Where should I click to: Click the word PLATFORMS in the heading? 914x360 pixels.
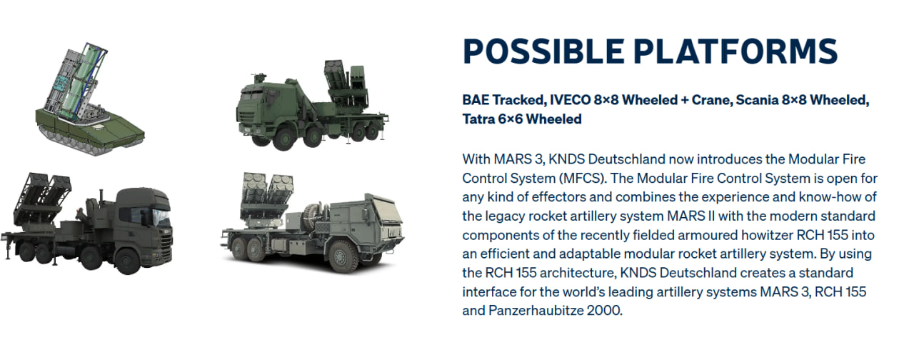point(735,51)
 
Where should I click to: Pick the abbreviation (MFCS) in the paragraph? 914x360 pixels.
point(582,179)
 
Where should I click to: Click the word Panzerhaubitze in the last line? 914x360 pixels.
point(536,311)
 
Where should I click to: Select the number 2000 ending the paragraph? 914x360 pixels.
point(605,311)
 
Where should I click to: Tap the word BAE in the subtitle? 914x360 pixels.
point(475,100)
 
